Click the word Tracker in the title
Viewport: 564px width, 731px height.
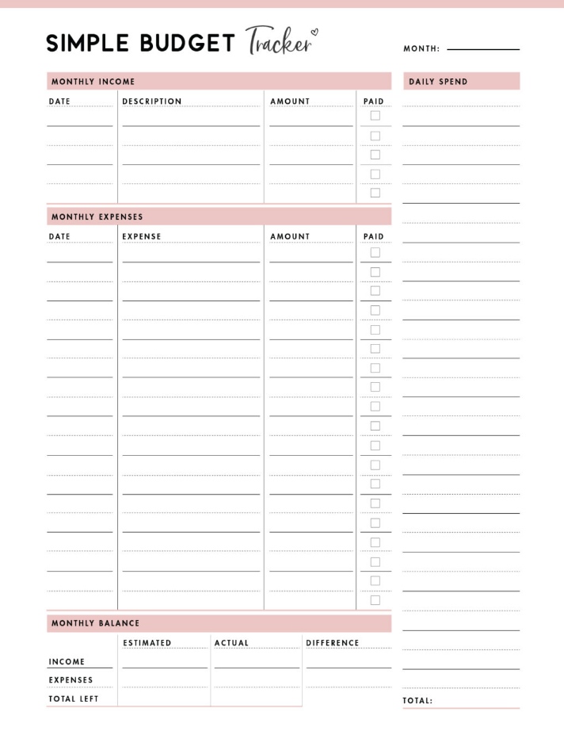tap(278, 41)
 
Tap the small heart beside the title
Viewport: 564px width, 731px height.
tap(314, 33)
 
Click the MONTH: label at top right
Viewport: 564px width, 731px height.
tap(421, 49)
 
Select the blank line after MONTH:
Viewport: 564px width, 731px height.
tap(483, 49)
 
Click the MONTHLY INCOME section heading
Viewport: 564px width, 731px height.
tap(93, 82)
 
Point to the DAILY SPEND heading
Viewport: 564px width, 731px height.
tap(438, 82)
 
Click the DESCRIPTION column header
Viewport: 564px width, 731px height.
tap(152, 101)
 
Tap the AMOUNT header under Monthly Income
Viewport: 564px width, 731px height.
tap(290, 101)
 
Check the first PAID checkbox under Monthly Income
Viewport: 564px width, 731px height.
tap(375, 116)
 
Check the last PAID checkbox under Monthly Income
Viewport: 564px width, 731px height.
tap(375, 193)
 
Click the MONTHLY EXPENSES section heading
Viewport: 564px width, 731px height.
tap(97, 216)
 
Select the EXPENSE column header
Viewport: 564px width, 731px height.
tap(142, 236)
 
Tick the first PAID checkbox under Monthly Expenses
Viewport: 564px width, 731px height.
tap(375, 253)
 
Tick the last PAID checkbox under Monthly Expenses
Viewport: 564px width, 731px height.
tap(375, 600)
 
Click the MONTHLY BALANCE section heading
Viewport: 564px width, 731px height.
tap(95, 623)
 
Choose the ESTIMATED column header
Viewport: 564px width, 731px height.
tap(147, 643)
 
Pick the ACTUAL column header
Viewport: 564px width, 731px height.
tap(231, 643)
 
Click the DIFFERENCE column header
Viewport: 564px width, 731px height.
tap(333, 643)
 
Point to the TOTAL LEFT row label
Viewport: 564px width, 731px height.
tap(74, 698)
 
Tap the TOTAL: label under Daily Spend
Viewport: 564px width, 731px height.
tap(417, 701)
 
